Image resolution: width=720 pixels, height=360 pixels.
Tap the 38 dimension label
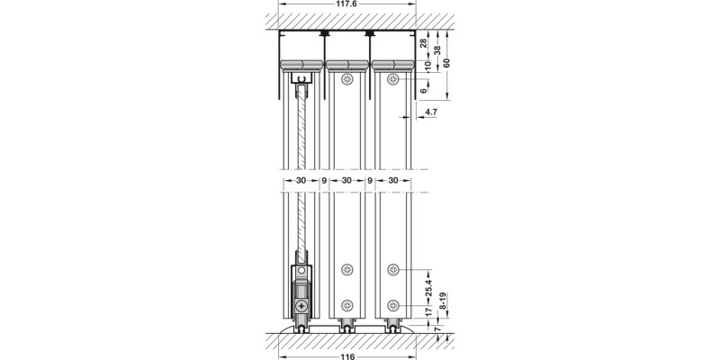(x=436, y=50)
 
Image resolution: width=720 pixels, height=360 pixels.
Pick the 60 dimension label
(x=447, y=60)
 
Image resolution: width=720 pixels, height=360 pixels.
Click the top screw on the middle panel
(x=346, y=80)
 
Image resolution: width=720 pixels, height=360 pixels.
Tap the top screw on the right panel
(x=392, y=80)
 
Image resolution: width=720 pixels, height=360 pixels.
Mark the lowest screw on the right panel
(x=392, y=303)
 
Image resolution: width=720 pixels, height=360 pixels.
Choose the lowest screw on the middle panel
(x=346, y=303)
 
